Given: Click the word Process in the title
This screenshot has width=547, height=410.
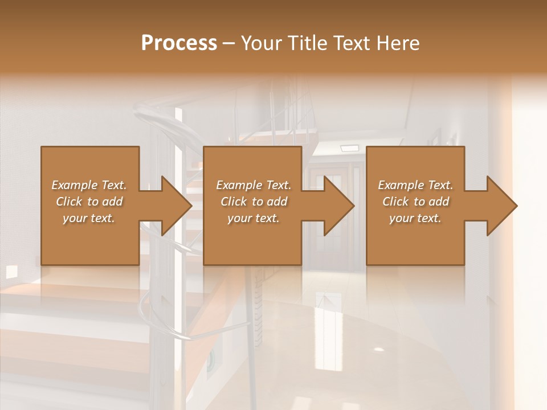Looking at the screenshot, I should coord(179,43).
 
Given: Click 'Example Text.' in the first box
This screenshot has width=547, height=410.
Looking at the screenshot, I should coord(89,185).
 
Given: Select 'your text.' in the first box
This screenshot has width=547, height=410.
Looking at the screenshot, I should coord(89,218).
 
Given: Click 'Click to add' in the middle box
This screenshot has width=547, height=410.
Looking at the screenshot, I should coord(254,202).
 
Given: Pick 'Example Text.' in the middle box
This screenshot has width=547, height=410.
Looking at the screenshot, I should coord(254,185).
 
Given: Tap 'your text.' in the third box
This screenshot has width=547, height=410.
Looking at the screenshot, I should coord(415,218).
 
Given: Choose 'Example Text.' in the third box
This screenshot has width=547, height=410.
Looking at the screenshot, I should coord(415,185).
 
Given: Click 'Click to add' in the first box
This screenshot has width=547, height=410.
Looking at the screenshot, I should coord(89,202).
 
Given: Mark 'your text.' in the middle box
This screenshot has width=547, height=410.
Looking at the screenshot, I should coord(254,218).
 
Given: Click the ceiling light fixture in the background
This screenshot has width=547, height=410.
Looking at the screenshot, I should coord(349,149).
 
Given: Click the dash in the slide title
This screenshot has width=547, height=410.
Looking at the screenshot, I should coord(228,43).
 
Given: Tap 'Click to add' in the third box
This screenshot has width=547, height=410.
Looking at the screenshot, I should coord(415,202).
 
